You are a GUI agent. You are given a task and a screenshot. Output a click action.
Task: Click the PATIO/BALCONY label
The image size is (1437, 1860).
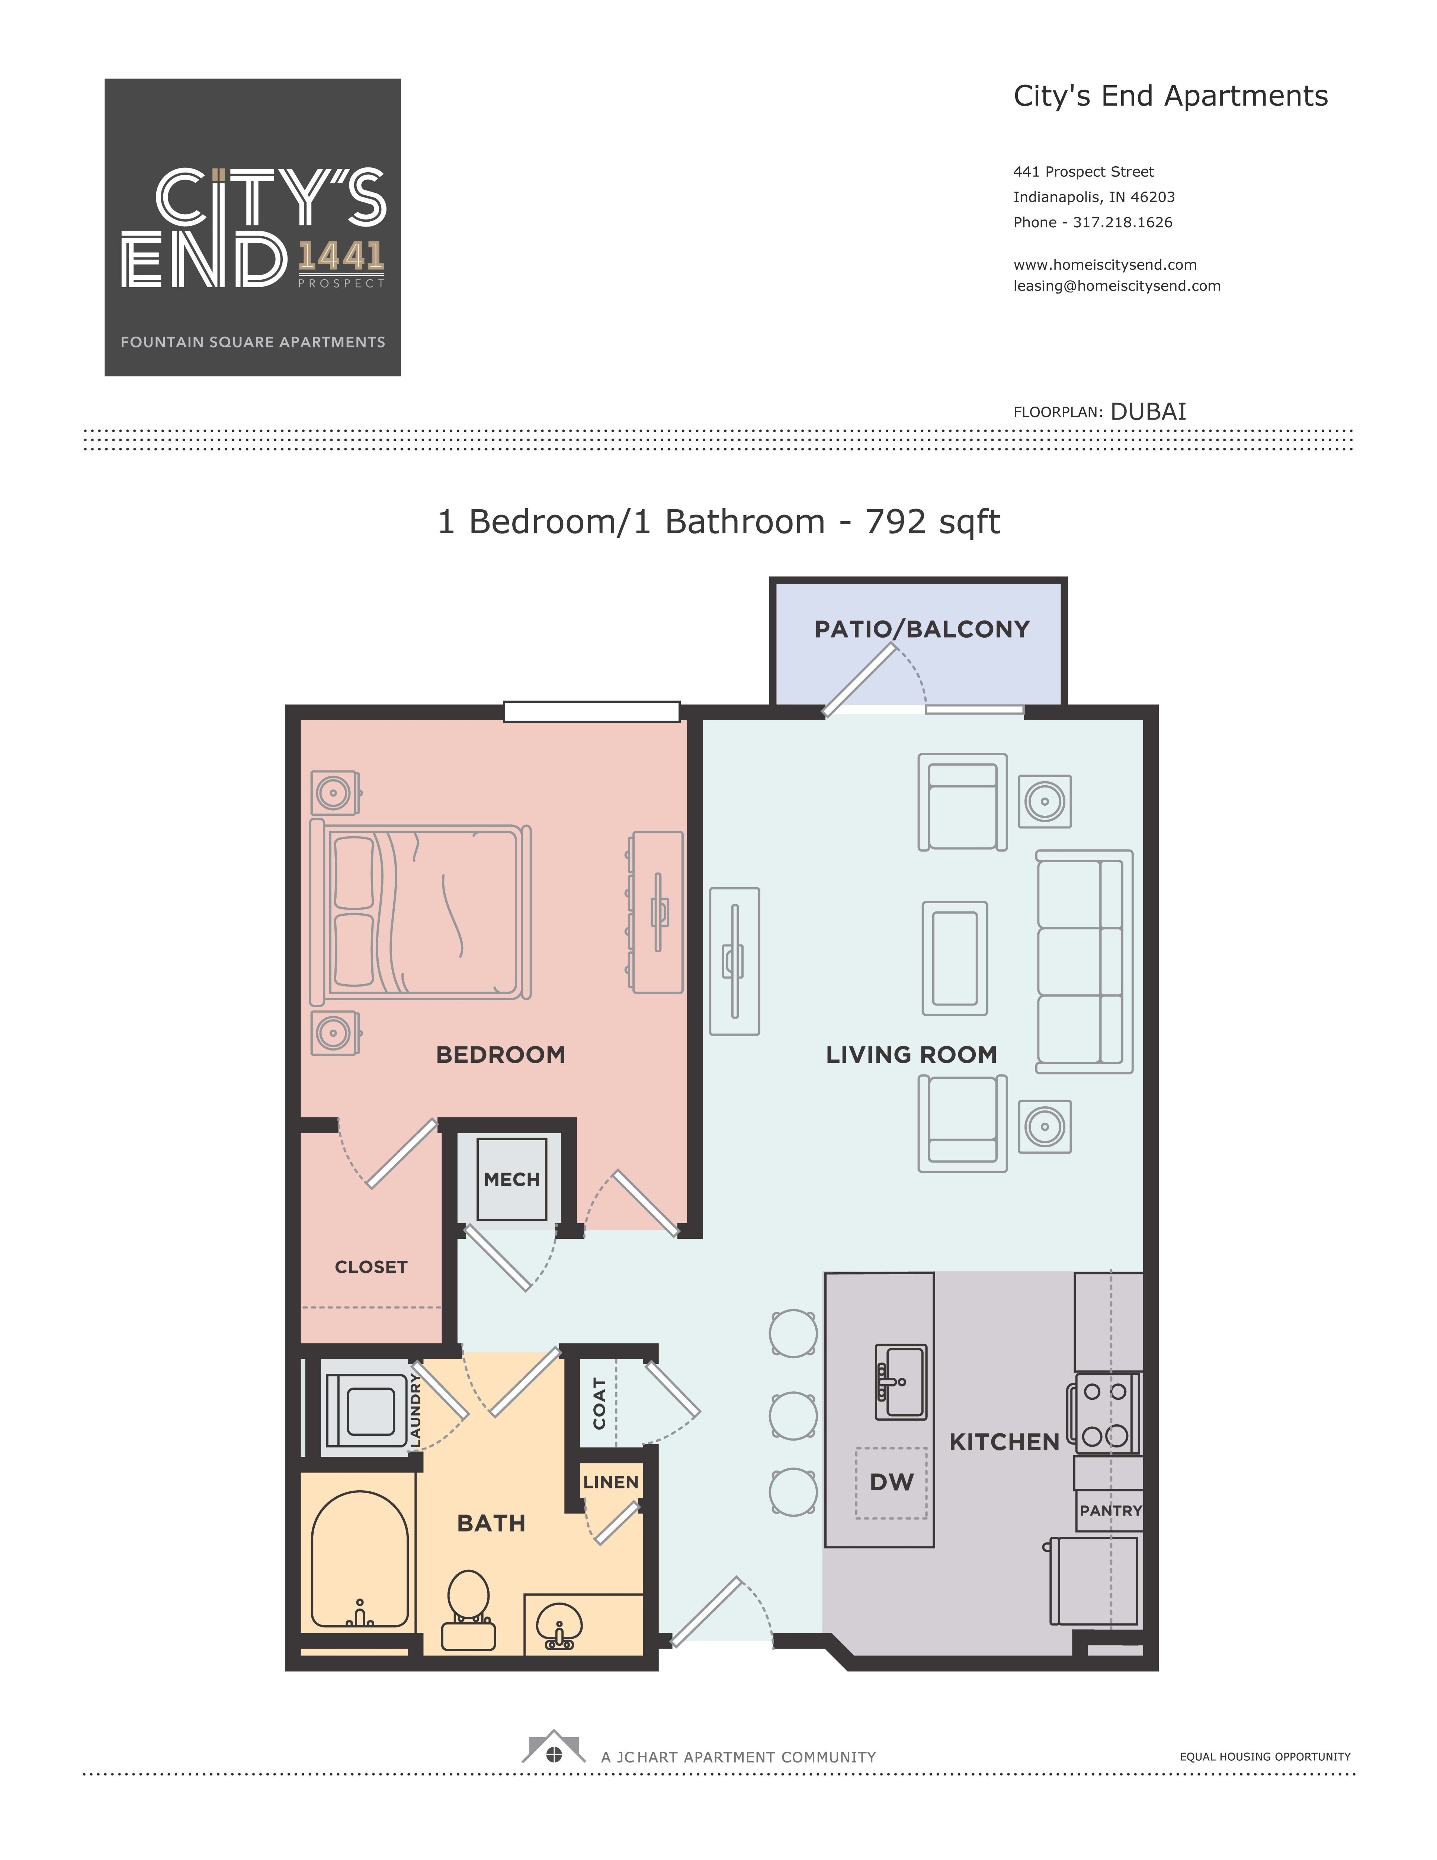[922, 629]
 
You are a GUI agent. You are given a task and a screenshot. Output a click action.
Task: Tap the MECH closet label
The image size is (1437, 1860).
[511, 1180]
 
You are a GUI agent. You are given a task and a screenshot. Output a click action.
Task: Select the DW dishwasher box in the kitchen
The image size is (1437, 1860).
[891, 1483]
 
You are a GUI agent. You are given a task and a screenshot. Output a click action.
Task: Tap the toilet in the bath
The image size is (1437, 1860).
[468, 1610]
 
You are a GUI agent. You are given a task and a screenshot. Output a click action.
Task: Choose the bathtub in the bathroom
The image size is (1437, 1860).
[359, 1559]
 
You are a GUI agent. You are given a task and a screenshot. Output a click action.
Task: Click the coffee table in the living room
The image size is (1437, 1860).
[955, 958]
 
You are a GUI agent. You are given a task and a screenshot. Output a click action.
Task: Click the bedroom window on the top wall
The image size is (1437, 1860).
[591, 711]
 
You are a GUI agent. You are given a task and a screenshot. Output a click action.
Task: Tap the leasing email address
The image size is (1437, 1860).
[1117, 286]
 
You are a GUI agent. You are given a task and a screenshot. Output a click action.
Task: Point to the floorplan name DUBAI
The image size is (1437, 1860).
[1148, 411]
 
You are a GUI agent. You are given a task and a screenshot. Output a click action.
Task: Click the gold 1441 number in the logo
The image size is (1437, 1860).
[341, 256]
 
